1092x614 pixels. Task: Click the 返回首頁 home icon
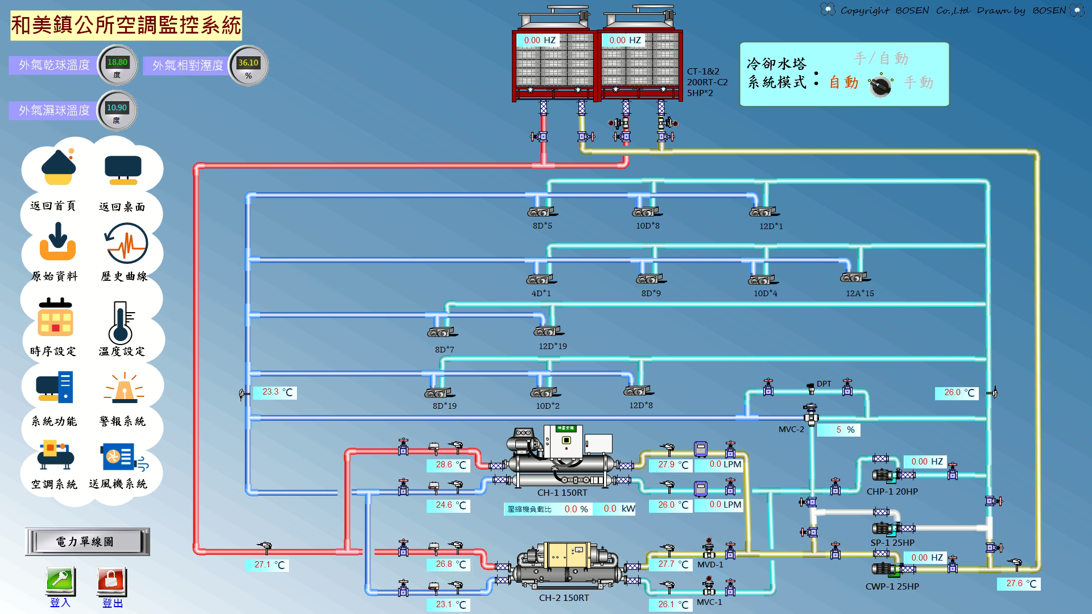[x=58, y=167]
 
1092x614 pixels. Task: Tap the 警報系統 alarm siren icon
[x=123, y=388]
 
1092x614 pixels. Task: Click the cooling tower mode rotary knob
[x=880, y=86]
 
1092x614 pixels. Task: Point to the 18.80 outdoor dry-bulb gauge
[x=117, y=65]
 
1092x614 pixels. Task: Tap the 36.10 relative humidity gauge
[x=248, y=65]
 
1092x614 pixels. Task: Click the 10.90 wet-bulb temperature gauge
[x=117, y=110]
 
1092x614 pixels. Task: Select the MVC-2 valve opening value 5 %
[x=839, y=430]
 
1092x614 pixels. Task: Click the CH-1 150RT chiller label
[x=562, y=493]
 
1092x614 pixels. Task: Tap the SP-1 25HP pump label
[x=892, y=543]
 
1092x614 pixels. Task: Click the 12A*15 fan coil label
[x=859, y=293]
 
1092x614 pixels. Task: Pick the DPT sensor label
[x=824, y=384]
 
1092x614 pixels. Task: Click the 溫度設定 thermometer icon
[x=121, y=322]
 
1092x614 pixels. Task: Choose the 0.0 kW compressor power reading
[x=619, y=509]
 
